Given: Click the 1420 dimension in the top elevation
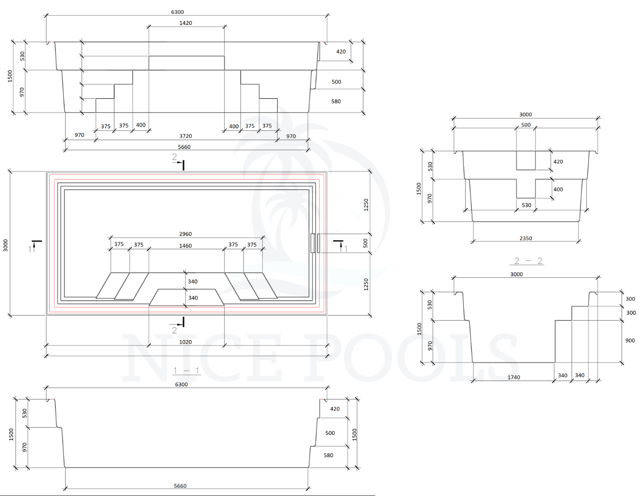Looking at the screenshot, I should [186, 23].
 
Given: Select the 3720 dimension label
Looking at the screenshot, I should [186, 136].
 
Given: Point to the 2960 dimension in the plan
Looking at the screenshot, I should [186, 234].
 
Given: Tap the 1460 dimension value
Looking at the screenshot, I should [186, 246].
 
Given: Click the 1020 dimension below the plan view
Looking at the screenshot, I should [186, 342].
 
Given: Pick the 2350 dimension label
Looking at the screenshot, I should [526, 238].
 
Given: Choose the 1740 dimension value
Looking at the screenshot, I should [514, 378].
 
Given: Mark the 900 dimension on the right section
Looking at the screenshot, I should [630, 341].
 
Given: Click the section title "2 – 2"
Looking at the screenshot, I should [528, 261].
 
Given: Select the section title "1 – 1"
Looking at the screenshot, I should [186, 371].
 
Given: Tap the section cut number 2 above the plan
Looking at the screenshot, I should [175, 157].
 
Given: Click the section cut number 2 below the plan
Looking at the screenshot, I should [175, 330].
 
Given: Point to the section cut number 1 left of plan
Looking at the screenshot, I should [30, 249].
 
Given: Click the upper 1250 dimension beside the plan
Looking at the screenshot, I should [366, 204].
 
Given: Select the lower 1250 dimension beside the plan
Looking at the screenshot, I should [366, 284].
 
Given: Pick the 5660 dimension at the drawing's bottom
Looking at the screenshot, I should [180, 486].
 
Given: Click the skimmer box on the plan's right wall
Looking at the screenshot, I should [315, 243].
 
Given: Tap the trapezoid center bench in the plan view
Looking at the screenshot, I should [186, 297].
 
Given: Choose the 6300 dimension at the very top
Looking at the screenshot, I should [177, 12].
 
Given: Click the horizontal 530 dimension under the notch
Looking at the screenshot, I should [526, 205].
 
